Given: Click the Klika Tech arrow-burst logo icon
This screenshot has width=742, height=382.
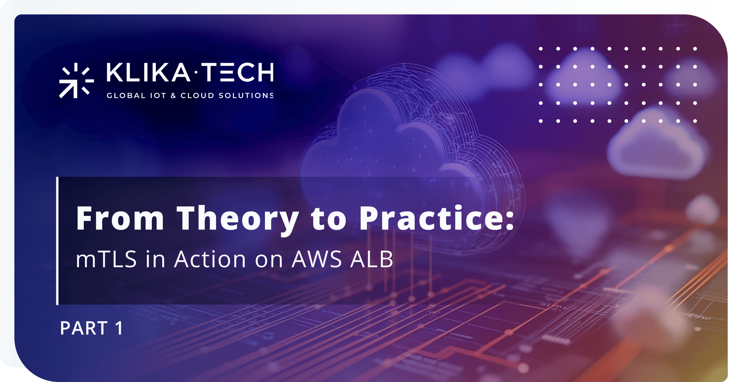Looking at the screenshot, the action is pos(76,80).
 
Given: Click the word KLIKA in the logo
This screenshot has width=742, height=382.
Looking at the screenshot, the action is pos(148,72).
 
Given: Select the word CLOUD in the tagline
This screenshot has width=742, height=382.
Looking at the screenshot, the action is pos(197,96).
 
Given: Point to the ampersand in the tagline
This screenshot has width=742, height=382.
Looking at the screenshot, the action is pos(173,96).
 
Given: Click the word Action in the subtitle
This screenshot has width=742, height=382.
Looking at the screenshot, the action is pos(210,259).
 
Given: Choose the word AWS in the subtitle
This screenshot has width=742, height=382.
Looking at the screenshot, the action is pos(317,259).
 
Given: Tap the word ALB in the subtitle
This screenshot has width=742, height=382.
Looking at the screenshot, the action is pos(372,259).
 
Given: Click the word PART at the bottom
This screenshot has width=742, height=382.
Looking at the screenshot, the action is pos(84,328).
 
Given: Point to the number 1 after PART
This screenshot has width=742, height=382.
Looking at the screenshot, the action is pos(119,328).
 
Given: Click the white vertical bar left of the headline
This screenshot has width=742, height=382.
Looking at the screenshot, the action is pos(57,241).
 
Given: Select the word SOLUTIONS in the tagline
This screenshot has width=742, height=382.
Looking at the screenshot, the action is pos(246,96).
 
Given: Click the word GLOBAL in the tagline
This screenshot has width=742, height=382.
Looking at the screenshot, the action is pos(126,96).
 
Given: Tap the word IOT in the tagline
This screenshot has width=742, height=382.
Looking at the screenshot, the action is pos(158,96).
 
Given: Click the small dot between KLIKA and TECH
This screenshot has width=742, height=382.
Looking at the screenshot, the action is pos(196,73).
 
